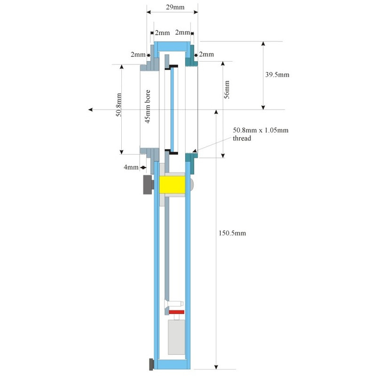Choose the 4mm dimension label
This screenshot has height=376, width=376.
pos(131,167)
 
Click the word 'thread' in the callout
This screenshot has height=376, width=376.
pos(243,138)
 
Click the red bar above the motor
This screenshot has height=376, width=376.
pos(176,312)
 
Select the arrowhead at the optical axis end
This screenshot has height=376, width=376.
pos(91,110)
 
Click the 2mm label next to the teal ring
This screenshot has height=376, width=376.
pos(207,55)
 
